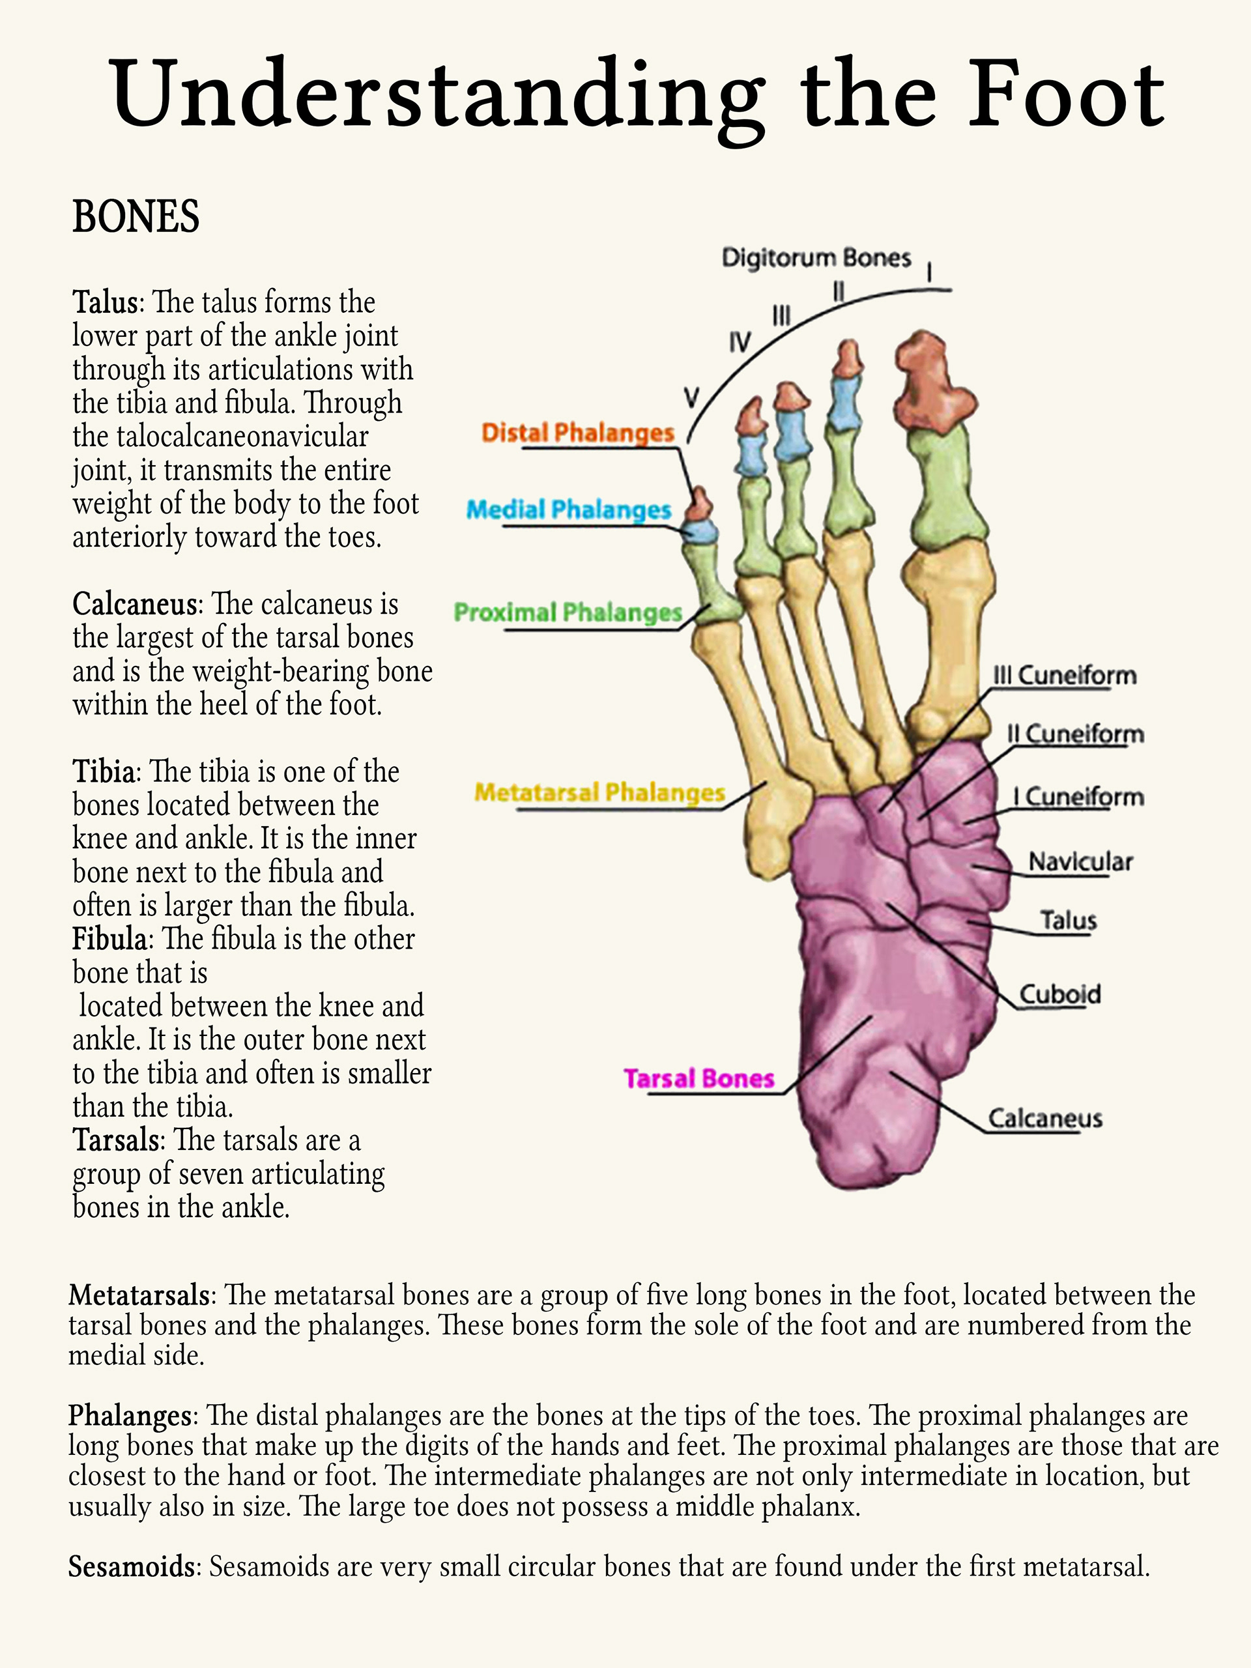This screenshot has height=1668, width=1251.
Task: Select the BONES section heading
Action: [x=136, y=216]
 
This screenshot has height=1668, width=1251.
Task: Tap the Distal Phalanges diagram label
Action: [x=578, y=433]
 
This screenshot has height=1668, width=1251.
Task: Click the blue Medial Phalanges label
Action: [x=569, y=510]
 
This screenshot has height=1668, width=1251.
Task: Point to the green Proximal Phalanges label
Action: [x=568, y=612]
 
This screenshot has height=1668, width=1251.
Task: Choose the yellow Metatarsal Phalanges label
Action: [x=599, y=792]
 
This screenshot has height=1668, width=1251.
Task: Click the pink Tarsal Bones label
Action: [x=699, y=1079]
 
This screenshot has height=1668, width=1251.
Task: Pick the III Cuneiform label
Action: [x=1064, y=676]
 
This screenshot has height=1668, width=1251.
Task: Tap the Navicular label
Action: [x=1080, y=862]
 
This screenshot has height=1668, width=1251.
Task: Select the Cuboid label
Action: [x=1059, y=995]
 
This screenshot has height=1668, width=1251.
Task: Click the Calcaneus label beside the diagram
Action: [x=1045, y=1118]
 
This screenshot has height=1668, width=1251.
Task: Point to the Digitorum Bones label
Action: [x=816, y=258]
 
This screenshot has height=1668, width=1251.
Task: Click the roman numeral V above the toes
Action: [x=691, y=397]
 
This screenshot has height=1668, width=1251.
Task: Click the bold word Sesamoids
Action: [x=132, y=1567]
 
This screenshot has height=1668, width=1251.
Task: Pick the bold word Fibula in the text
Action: [x=109, y=940]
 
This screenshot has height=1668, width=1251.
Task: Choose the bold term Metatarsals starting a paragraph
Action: [x=139, y=1295]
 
